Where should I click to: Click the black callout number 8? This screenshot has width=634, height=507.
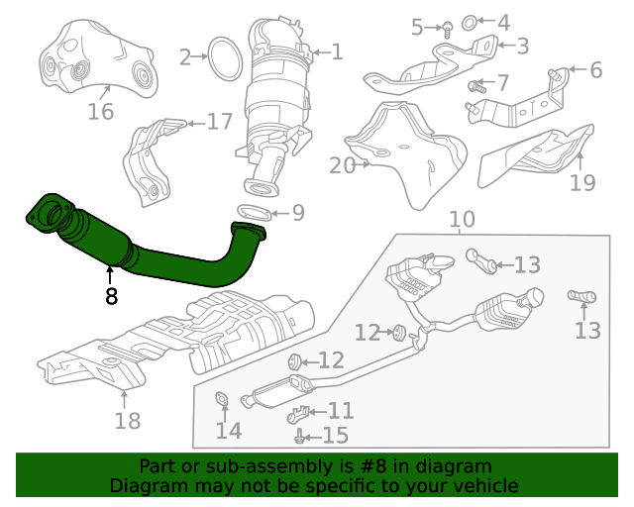tap(111, 295)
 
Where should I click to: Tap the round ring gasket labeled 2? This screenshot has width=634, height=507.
tap(224, 57)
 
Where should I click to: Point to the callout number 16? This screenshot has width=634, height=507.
tap(101, 111)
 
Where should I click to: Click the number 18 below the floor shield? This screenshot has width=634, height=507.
tap(127, 422)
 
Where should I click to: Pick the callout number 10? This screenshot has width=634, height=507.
tap(462, 220)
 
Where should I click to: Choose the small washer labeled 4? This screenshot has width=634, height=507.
tap(473, 21)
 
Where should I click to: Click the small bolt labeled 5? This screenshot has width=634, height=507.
tap(447, 28)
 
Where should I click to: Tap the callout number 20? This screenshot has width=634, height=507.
tap(342, 165)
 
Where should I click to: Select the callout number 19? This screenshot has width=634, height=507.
tap(582, 182)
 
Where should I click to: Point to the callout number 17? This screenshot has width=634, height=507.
tap(219, 122)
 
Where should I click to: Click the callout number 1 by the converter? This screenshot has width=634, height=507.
tap(337, 51)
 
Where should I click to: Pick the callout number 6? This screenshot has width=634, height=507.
tap(595, 70)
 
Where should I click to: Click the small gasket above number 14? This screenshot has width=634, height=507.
tap(223, 400)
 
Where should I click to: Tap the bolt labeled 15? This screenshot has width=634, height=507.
tap(299, 435)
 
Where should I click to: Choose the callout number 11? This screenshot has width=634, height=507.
tap(340, 410)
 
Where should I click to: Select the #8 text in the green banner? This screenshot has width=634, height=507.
tap(400, 466)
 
